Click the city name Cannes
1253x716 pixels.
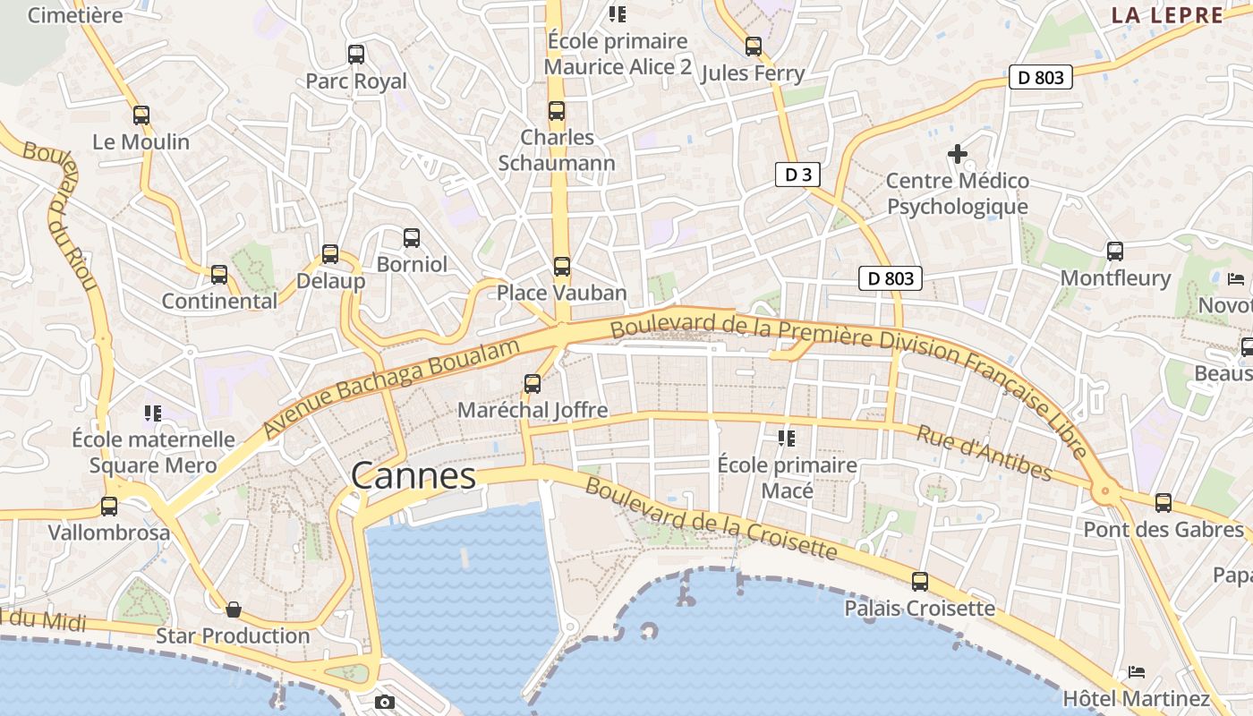click(413, 475)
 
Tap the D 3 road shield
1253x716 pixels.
click(797, 175)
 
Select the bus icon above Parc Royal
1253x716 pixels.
click(356, 55)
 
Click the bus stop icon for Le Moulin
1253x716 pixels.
click(141, 115)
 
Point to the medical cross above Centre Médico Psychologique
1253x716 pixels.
click(958, 154)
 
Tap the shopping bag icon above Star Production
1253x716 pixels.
click(234, 609)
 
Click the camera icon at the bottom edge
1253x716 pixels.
click(385, 703)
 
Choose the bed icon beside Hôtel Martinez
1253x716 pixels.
click(1137, 672)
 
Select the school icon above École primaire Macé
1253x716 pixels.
click(787, 438)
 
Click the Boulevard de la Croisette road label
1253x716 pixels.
click(712, 518)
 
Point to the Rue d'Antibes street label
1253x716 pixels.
click(984, 452)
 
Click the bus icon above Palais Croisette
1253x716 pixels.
click(920, 582)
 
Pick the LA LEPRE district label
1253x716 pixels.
click(1167, 15)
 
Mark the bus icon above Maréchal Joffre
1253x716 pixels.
click(533, 384)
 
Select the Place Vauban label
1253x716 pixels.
click(561, 293)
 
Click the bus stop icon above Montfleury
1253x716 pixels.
click(1115, 251)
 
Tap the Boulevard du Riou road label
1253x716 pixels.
click(61, 216)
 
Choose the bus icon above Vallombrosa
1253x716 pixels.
click(109, 507)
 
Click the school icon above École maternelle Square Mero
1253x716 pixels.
click(153, 413)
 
